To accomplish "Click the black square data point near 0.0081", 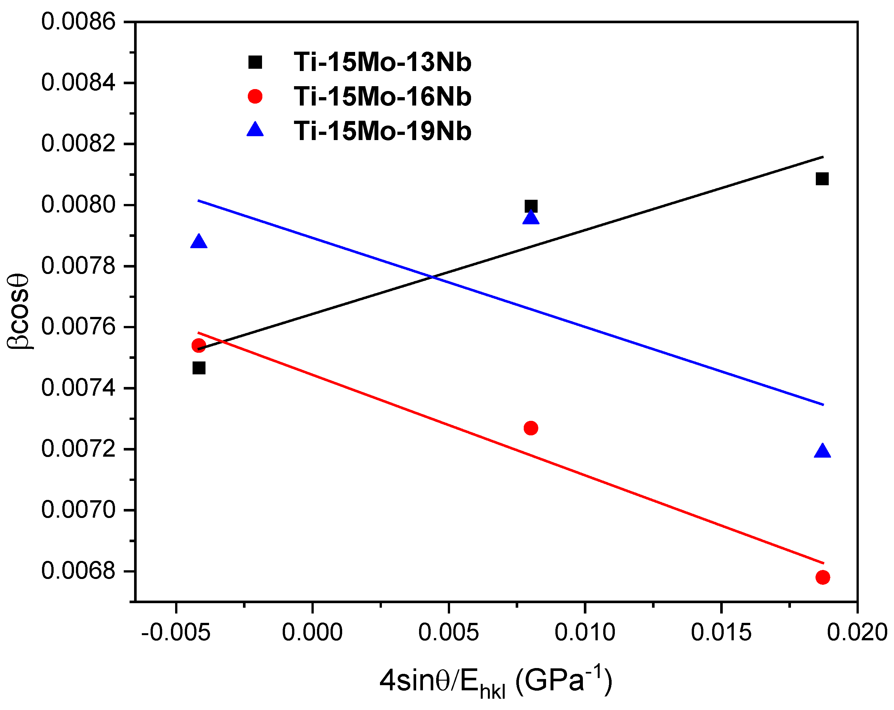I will click(822, 179).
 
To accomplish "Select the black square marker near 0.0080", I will click(531, 206).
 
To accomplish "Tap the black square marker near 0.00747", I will click(199, 368).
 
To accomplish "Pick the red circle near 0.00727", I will click(531, 428).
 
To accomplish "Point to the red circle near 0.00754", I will click(199, 345).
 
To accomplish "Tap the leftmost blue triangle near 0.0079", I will click(199, 241).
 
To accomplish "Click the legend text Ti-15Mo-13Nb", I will click(382, 63).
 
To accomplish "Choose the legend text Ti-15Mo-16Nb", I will click(382, 96).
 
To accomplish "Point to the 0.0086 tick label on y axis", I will click(78, 22).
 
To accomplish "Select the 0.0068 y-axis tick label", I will click(78, 571).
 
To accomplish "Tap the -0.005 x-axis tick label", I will click(176, 633).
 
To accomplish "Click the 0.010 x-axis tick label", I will click(585, 633).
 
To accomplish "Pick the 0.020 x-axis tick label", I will click(857, 633).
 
